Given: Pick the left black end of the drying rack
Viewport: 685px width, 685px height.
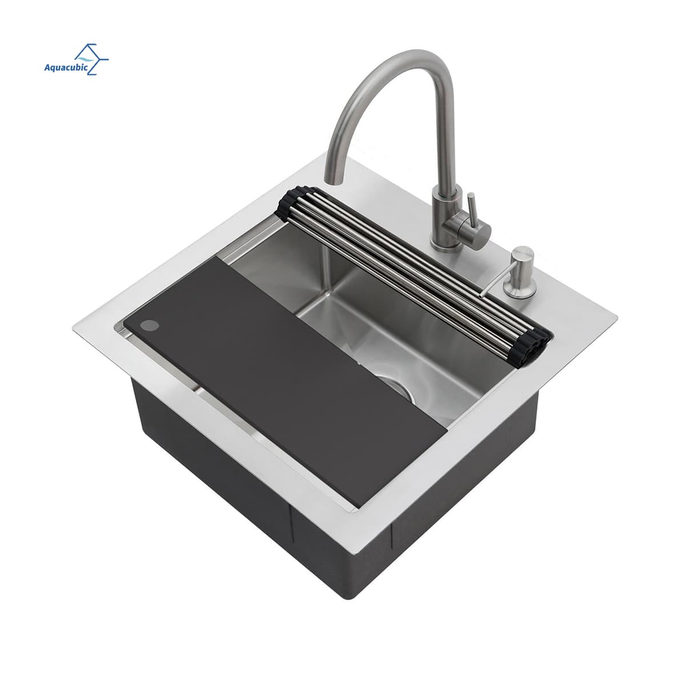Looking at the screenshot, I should coord(291,203).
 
